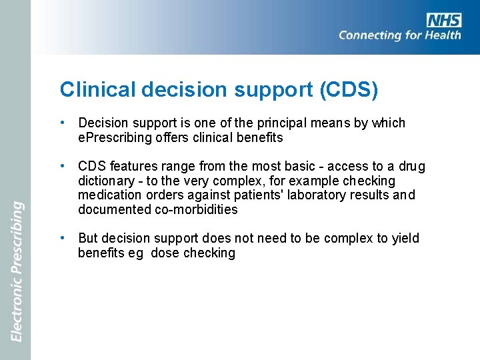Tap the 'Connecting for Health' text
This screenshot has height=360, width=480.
(399, 35)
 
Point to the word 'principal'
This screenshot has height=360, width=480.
(289, 123)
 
